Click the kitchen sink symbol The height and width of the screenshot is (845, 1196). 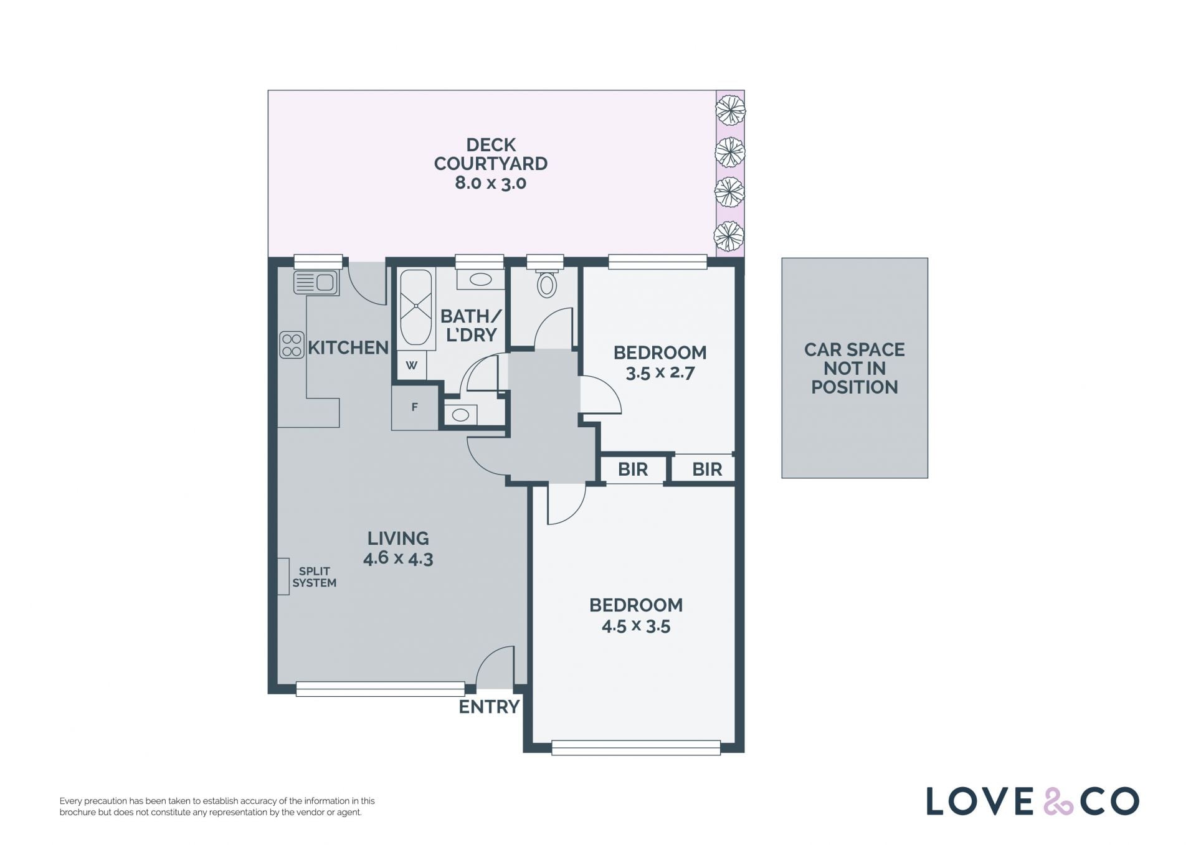[316, 283]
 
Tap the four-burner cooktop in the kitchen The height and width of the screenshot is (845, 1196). [292, 345]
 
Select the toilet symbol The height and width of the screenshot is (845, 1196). [547, 283]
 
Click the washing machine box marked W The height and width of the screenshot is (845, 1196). [411, 366]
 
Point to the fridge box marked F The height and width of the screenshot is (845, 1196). [415, 408]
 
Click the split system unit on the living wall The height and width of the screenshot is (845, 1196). [283, 577]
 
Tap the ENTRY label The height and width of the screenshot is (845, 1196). [489, 707]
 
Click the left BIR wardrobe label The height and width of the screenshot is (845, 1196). [633, 470]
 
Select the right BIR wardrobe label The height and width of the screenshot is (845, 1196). [707, 470]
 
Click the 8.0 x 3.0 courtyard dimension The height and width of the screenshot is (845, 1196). [491, 183]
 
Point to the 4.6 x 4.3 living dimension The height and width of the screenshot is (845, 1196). [398, 558]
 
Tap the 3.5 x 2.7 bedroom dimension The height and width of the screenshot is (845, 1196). [660, 373]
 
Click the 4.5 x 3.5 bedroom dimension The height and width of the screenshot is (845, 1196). [636, 626]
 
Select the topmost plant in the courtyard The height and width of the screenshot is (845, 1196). [730, 110]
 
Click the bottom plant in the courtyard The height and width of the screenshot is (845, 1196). [729, 237]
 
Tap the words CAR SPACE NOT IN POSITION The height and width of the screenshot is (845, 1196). [855, 369]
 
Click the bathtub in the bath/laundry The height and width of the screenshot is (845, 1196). [415, 307]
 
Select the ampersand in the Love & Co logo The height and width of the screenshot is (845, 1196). [1058, 801]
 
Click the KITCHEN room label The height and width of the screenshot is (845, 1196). [348, 348]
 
